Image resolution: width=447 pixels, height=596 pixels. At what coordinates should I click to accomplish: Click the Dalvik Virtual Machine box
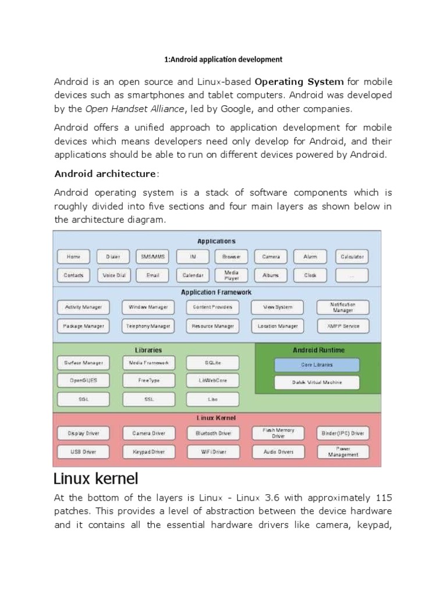(x=317, y=382)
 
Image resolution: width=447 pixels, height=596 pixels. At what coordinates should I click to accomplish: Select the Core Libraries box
(x=317, y=365)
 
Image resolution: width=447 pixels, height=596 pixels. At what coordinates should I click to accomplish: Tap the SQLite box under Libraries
(x=212, y=363)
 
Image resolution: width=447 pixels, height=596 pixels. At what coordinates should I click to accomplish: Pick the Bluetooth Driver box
(x=212, y=433)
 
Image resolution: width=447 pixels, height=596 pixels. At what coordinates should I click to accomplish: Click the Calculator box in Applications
(x=352, y=256)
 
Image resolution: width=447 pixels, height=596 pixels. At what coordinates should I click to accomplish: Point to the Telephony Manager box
(x=148, y=326)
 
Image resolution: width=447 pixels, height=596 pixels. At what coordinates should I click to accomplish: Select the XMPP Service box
(x=342, y=326)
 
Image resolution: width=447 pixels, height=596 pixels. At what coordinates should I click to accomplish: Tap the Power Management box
(x=342, y=452)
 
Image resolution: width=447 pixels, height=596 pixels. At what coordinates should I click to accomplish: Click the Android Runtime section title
(x=318, y=350)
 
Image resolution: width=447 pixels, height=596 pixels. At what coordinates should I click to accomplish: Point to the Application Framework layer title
(x=216, y=292)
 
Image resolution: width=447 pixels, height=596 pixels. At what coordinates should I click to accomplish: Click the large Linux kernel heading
(x=96, y=479)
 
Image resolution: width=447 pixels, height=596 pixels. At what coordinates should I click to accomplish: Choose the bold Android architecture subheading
(x=105, y=173)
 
